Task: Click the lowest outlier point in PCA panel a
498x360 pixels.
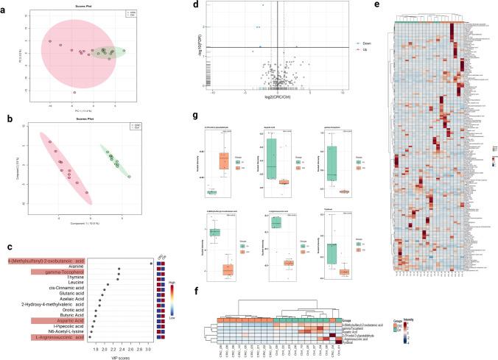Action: pyautogui.click(x=74, y=93)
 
